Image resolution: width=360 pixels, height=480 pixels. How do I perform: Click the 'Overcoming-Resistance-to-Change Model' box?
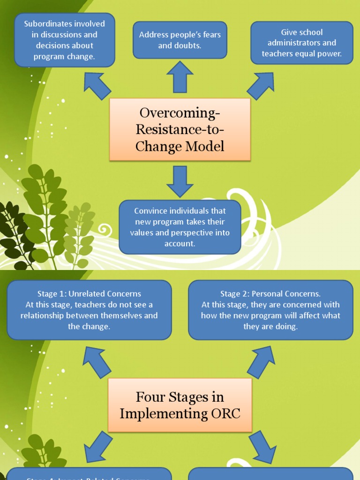pyautogui.click(x=180, y=129)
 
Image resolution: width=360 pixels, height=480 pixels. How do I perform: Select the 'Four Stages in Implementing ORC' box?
pyautogui.click(x=180, y=405)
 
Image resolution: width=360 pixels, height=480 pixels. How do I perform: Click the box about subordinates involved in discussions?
pyautogui.click(x=65, y=40)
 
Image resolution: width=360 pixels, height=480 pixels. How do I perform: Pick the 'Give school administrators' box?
pyautogui.click(x=302, y=43)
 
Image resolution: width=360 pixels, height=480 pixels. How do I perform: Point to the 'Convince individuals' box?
pyautogui.click(x=180, y=227)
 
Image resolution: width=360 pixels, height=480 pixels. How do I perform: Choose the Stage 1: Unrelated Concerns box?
pyautogui.click(x=89, y=310)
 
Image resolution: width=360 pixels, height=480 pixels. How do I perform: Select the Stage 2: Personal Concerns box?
pyautogui.click(x=270, y=310)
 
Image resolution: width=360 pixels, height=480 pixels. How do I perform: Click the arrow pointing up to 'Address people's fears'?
pyautogui.click(x=180, y=77)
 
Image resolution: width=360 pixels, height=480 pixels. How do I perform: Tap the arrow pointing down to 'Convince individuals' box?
pyautogui.click(x=180, y=181)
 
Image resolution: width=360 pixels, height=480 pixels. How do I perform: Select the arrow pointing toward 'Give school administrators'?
pyautogui.click(x=261, y=85)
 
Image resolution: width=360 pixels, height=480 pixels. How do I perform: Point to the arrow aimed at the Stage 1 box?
pyautogui.click(x=97, y=361)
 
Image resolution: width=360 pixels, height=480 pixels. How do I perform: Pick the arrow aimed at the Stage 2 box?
pyautogui.click(x=261, y=361)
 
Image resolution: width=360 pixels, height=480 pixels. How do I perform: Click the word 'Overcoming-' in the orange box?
pyautogui.click(x=180, y=113)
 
